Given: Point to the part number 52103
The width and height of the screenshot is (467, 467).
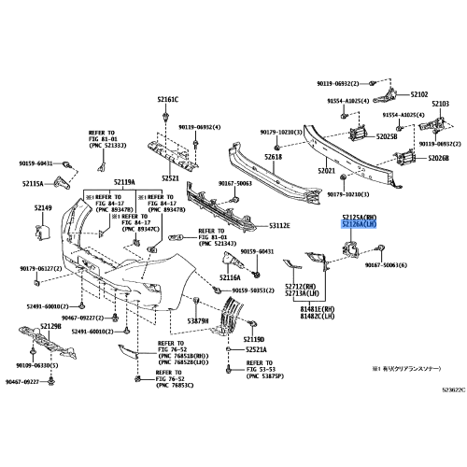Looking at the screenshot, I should point(440,104).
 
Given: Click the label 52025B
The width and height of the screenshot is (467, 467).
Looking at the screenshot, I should point(386,136).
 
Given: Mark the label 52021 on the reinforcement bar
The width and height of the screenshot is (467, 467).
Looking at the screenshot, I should point(327,171).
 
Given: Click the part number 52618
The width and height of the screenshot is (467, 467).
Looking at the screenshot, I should point(273,157).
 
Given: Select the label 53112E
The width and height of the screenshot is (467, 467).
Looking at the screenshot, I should point(279,226).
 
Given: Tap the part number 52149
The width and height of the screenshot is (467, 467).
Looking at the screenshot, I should point(43,209).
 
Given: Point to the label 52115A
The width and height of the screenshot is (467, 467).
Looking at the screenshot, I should point(34,183).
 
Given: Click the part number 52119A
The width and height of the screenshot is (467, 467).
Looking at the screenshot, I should point(124,182).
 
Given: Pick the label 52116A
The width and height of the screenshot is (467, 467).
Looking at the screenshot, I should point(230,277).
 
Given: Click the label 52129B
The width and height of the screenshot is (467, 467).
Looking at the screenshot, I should point(50,326).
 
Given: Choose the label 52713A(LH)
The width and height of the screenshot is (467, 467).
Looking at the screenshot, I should point(303,294).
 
